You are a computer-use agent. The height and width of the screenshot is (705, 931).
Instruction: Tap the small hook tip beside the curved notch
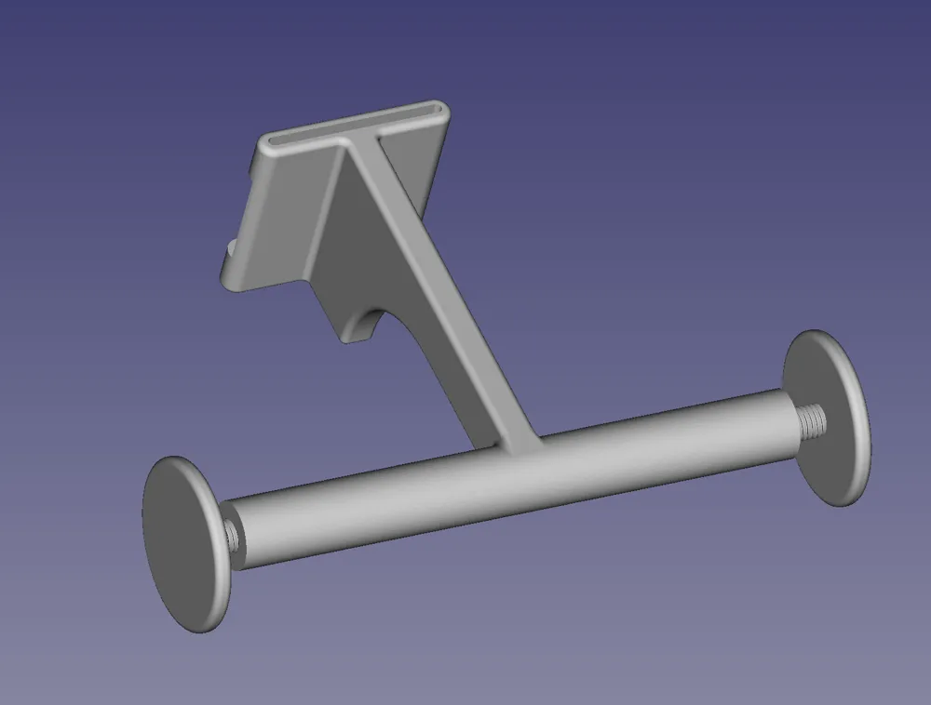pyautogui.click(x=352, y=335)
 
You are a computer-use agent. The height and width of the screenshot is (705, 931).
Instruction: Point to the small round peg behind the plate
pyautogui.click(x=229, y=249)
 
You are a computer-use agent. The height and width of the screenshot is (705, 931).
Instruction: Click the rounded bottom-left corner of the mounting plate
pyautogui.click(x=233, y=279)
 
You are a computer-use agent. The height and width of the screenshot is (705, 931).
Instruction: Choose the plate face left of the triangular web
pyautogui.click(x=279, y=214)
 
